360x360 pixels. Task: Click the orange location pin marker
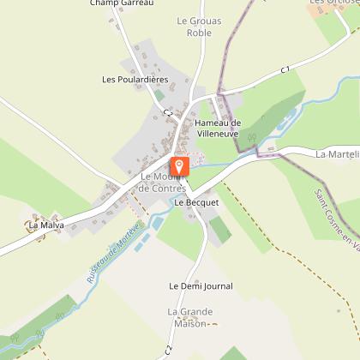[x=179, y=165]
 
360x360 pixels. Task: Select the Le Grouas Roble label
[x=193, y=27]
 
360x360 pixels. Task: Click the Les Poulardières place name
[x=134, y=79]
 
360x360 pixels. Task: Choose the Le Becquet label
[x=192, y=203]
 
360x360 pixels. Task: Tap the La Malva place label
[x=46, y=225]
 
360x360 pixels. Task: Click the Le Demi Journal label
[x=201, y=286]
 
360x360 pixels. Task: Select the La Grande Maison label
[x=189, y=317]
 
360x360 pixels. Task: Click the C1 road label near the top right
[x=285, y=69]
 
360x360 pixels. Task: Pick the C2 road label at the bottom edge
[x=169, y=351]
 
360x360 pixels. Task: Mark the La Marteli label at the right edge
[x=336, y=155]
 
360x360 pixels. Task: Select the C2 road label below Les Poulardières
[x=168, y=112]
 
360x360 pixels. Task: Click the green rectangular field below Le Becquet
[x=219, y=228]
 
